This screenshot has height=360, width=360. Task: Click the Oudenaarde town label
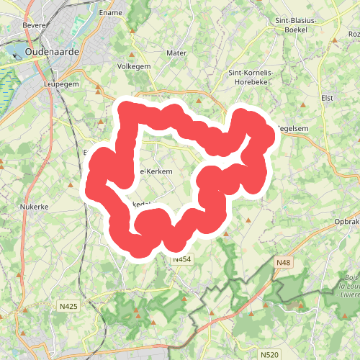click(55, 53)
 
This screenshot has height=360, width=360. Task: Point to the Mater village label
click(176, 53)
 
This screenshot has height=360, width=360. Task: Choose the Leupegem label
click(60, 84)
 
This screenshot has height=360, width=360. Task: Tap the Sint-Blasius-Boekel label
click(296, 25)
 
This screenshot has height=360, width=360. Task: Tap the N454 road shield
click(181, 258)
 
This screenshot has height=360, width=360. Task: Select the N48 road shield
click(282, 264)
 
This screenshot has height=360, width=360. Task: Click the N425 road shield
click(68, 306)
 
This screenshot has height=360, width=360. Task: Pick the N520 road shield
click(269, 354)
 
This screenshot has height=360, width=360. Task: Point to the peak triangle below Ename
click(132, 30)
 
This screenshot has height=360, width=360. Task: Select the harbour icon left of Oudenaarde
click(16, 52)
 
